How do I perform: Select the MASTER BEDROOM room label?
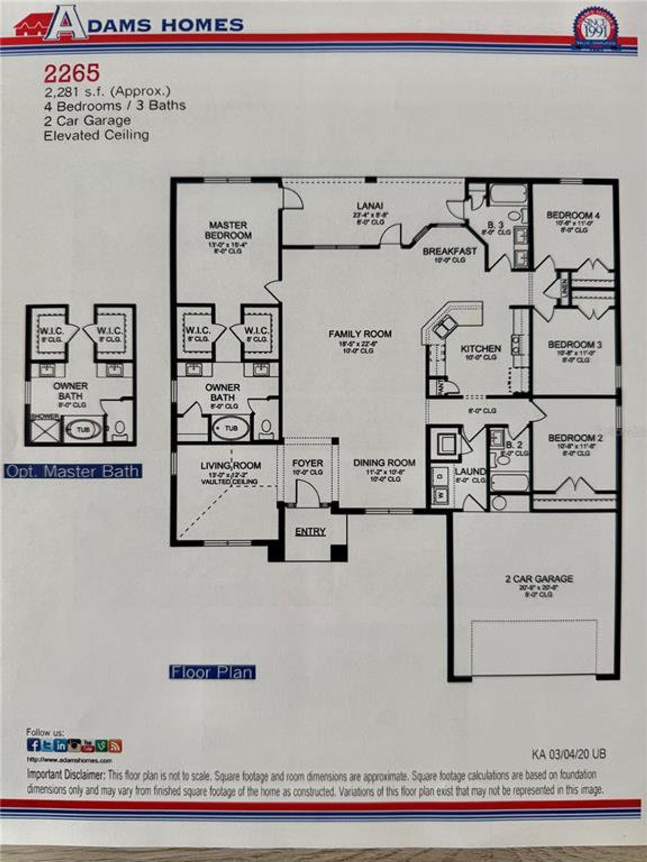click(228, 230)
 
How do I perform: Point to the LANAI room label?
click(370, 206)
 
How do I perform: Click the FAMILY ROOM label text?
click(360, 334)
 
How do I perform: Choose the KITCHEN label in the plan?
click(481, 348)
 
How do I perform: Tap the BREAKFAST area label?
click(449, 251)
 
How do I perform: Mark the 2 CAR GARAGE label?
click(539, 579)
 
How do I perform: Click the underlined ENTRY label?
click(310, 532)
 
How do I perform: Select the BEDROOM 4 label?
click(573, 215)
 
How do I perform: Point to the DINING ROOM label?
click(384, 463)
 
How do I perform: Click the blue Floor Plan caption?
click(212, 673)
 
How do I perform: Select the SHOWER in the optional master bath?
click(43, 431)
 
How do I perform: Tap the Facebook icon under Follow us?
click(34, 745)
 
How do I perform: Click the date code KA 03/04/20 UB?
click(569, 754)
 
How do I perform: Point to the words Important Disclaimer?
click(66, 775)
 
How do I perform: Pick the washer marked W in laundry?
click(440, 495)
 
